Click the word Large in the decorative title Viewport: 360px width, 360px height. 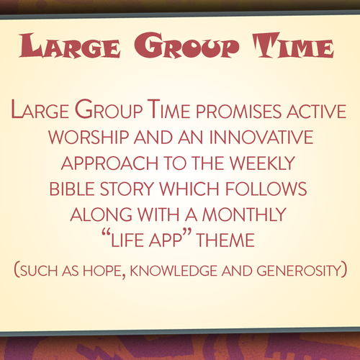pos(70,45)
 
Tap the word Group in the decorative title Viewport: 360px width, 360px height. pos(186,45)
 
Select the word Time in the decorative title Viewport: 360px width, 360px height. pos(293,45)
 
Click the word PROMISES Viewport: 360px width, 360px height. pos(238,112)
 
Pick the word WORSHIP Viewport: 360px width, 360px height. pos(89,138)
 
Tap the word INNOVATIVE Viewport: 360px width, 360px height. pos(261,138)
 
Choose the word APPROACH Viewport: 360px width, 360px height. pos(109,163)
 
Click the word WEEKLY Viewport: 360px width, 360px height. pos(262,163)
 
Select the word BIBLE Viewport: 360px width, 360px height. pos(72,189)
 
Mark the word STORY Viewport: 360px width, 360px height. pos(127,189)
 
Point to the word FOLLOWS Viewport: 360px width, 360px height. pos(266,189)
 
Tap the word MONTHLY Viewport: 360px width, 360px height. pos(244,215)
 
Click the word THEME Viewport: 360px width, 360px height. pos(225,240)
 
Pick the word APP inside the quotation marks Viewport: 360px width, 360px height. pos(166,240)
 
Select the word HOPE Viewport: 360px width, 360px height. pos(102,271)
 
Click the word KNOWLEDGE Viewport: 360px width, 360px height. pos(173,271)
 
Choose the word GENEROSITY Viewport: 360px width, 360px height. pos(299,271)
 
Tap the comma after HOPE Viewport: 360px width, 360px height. pos(124,276)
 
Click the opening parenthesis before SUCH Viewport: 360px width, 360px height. pos(17,270)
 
